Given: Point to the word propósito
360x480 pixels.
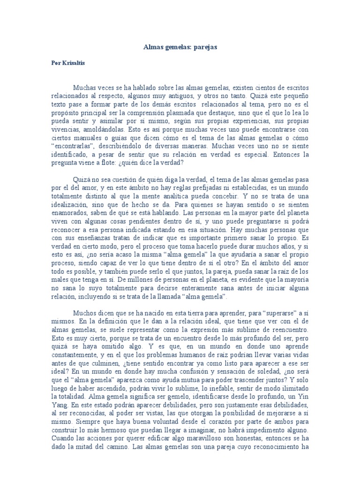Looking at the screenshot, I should [67, 113].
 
